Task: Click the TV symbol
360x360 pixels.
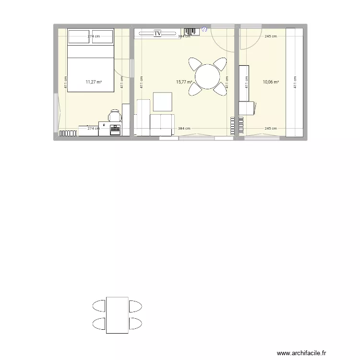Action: coord(157,33)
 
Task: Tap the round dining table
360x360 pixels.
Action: coord(207,76)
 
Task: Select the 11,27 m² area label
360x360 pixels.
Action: coord(94,82)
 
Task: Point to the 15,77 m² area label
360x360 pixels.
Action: coord(184,82)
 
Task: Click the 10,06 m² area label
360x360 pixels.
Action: coord(271,82)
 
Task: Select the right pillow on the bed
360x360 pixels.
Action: coord(102,36)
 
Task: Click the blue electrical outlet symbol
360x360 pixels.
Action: coord(204,30)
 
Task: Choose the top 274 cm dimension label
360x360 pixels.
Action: coord(94,36)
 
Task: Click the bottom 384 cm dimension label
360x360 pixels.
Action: coord(184,129)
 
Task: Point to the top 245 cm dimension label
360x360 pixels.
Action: coord(271,36)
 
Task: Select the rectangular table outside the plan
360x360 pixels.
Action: coord(117,315)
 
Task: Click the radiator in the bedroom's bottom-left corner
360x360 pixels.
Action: coord(72,133)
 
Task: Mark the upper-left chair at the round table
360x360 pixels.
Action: coord(195,64)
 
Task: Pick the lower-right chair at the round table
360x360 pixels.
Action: coord(220,88)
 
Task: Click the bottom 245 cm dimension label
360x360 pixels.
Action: coord(271,129)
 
